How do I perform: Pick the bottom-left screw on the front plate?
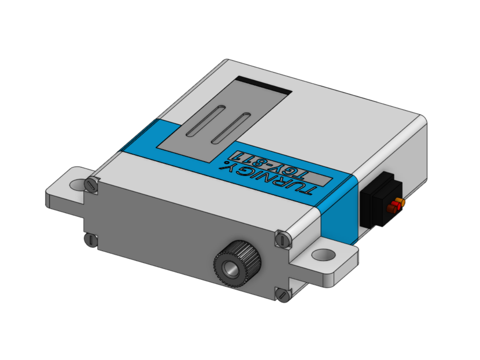point(91,239)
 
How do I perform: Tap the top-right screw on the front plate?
point(283,239)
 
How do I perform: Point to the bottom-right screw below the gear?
point(282,295)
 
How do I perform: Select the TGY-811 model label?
point(283,168)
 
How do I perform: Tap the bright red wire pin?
point(394,205)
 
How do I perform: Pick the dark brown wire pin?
point(391,209)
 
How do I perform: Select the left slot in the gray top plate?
point(205,121)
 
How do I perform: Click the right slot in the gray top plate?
point(231,128)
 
